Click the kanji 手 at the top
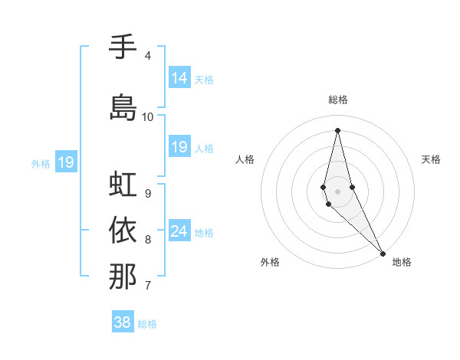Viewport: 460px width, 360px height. coord(123,47)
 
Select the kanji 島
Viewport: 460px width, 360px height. coord(123,108)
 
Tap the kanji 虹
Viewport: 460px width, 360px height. coord(123,184)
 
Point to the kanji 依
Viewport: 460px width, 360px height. coord(123,230)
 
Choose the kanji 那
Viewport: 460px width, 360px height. coord(123,277)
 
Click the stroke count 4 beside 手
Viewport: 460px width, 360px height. coord(147,56)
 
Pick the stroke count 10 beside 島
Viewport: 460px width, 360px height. coord(148,117)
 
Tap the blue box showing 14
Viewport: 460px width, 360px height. coord(179,78)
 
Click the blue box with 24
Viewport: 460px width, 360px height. coord(179,231)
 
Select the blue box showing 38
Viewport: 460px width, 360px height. coord(123,322)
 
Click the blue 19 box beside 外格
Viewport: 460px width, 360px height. coord(65,162)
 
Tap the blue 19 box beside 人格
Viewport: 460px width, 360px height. coord(179,147)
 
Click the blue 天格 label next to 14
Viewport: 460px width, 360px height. coord(204,79)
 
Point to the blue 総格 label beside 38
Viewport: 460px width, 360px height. coord(148,324)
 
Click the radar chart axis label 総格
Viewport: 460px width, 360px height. coord(338,100)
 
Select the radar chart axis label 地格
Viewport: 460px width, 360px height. coord(402,262)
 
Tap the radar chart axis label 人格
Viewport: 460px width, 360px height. coord(245,159)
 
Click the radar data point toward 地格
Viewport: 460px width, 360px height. coord(383,252)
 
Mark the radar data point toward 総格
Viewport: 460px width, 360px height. coord(337,130)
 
